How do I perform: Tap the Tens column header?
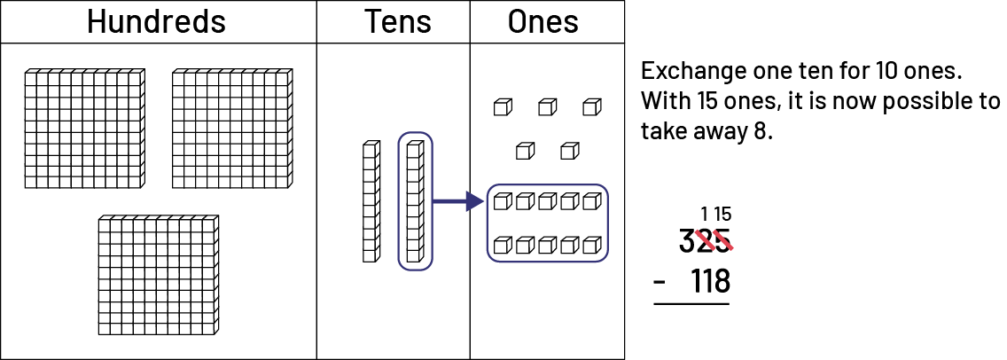[x=392, y=22]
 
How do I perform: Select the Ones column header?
[x=543, y=22]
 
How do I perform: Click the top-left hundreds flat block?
[x=83, y=129]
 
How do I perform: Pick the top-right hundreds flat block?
[x=231, y=129]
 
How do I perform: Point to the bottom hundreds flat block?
[x=158, y=275]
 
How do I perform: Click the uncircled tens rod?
[x=371, y=201]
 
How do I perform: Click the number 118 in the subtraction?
[x=710, y=281]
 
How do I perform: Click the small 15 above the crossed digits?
[x=722, y=214]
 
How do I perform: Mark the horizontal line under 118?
[x=691, y=304]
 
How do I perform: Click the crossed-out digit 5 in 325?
[x=723, y=240]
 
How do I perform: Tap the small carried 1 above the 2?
[x=705, y=214]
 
